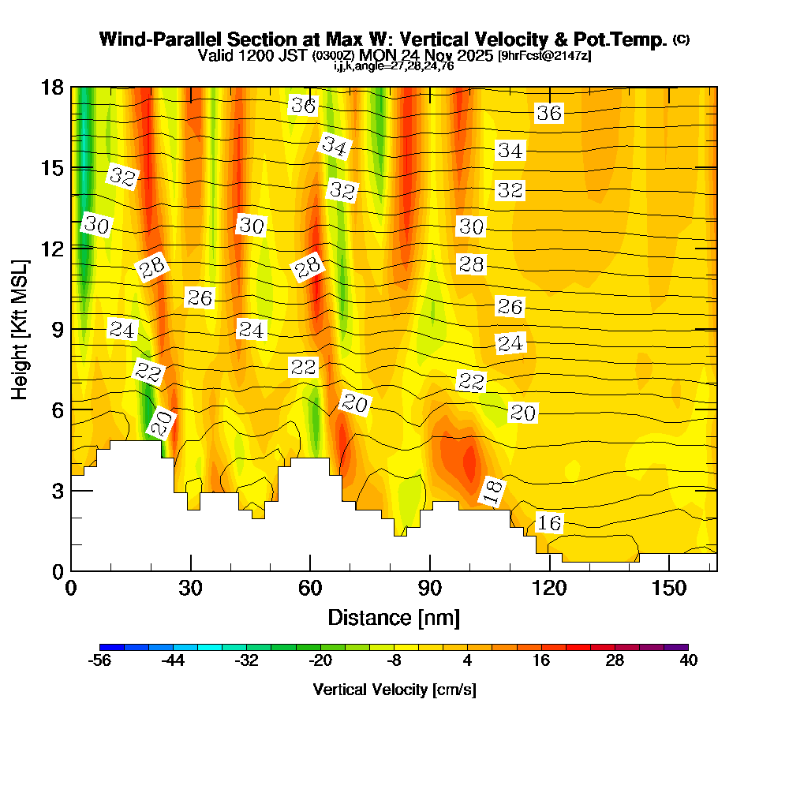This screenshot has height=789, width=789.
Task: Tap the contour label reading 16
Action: coord(549,522)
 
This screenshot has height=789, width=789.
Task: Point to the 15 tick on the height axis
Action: coord(52,167)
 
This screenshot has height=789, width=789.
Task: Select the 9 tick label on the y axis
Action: coord(57,329)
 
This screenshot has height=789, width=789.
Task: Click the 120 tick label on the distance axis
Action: coord(549,589)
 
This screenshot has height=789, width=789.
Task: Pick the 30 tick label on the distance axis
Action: coord(190,589)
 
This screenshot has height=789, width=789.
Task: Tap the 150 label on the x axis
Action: coord(669,589)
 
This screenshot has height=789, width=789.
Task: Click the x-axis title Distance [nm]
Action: coord(394,617)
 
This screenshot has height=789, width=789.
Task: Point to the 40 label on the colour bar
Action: coord(688,661)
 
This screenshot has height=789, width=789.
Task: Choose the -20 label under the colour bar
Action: coord(320,661)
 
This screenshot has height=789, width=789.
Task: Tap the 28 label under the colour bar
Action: coord(615,661)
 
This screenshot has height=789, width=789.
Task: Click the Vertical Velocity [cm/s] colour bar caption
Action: coord(394,690)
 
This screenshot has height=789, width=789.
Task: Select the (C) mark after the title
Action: coord(681,39)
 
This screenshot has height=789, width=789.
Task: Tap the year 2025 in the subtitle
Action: coord(475,55)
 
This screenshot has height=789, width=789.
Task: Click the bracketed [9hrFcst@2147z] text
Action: coord(544,56)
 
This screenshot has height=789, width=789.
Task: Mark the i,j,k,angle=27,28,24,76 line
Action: coord(394,66)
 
